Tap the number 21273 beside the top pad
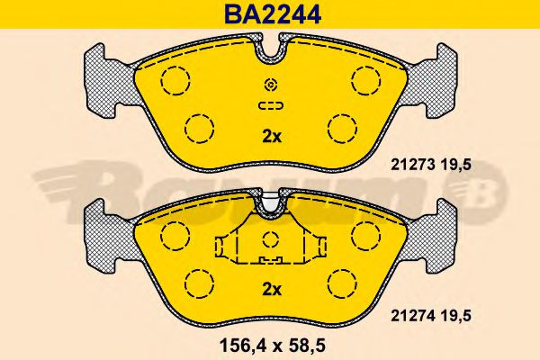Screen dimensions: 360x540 click(409, 164)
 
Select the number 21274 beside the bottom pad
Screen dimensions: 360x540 click(409, 315)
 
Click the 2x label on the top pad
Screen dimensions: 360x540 click(271, 137)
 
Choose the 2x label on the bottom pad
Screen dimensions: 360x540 click(271, 289)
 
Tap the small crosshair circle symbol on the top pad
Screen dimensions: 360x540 click(270, 85)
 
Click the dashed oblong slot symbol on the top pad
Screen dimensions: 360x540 click(270, 106)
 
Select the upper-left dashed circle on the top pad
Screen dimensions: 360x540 click(175, 82)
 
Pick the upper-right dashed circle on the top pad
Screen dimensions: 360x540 click(366, 82)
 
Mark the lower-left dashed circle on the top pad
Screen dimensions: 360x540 click(198, 129)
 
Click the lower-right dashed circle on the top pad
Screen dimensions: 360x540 click(342, 129)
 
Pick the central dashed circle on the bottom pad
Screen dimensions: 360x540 click(270, 240)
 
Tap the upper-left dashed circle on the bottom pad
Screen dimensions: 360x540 click(175, 235)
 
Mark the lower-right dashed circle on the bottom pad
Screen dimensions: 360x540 click(342, 282)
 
